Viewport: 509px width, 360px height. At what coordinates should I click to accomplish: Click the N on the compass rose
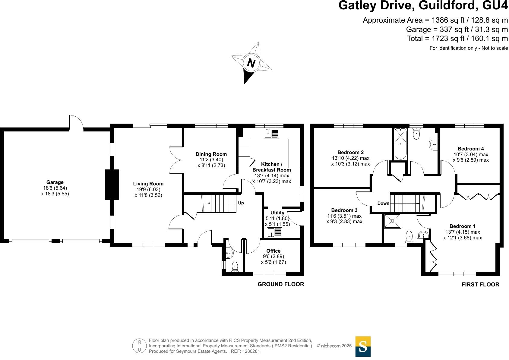[251, 63]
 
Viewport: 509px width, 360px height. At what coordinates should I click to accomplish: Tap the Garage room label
[55, 182]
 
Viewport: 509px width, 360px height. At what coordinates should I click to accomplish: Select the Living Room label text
[148, 184]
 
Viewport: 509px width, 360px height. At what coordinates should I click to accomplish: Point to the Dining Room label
[211, 154]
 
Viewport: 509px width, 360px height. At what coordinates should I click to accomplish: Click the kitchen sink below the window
[271, 133]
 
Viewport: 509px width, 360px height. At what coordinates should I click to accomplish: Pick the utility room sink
[274, 232]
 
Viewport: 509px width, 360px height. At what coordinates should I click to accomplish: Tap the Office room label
[273, 251]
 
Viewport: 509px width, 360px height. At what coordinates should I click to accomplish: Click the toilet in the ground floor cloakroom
[235, 267]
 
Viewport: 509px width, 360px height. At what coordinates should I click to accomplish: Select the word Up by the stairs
[241, 203]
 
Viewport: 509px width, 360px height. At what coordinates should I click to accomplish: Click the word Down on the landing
[383, 203]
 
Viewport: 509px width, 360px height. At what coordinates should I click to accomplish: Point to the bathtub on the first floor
[400, 144]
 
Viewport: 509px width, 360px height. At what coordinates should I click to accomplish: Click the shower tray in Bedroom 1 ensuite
[392, 221]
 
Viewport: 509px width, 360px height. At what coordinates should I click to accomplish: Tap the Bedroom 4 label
[470, 149]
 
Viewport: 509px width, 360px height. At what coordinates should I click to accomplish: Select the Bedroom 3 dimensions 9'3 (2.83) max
[344, 221]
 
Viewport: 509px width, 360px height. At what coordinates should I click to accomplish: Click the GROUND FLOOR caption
[280, 284]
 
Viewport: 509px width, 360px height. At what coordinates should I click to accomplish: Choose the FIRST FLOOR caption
[480, 284]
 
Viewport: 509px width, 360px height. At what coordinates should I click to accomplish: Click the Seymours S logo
[363, 346]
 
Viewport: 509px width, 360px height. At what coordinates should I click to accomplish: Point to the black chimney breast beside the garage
[112, 185]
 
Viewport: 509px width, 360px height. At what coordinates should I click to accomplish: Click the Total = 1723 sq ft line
[457, 39]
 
